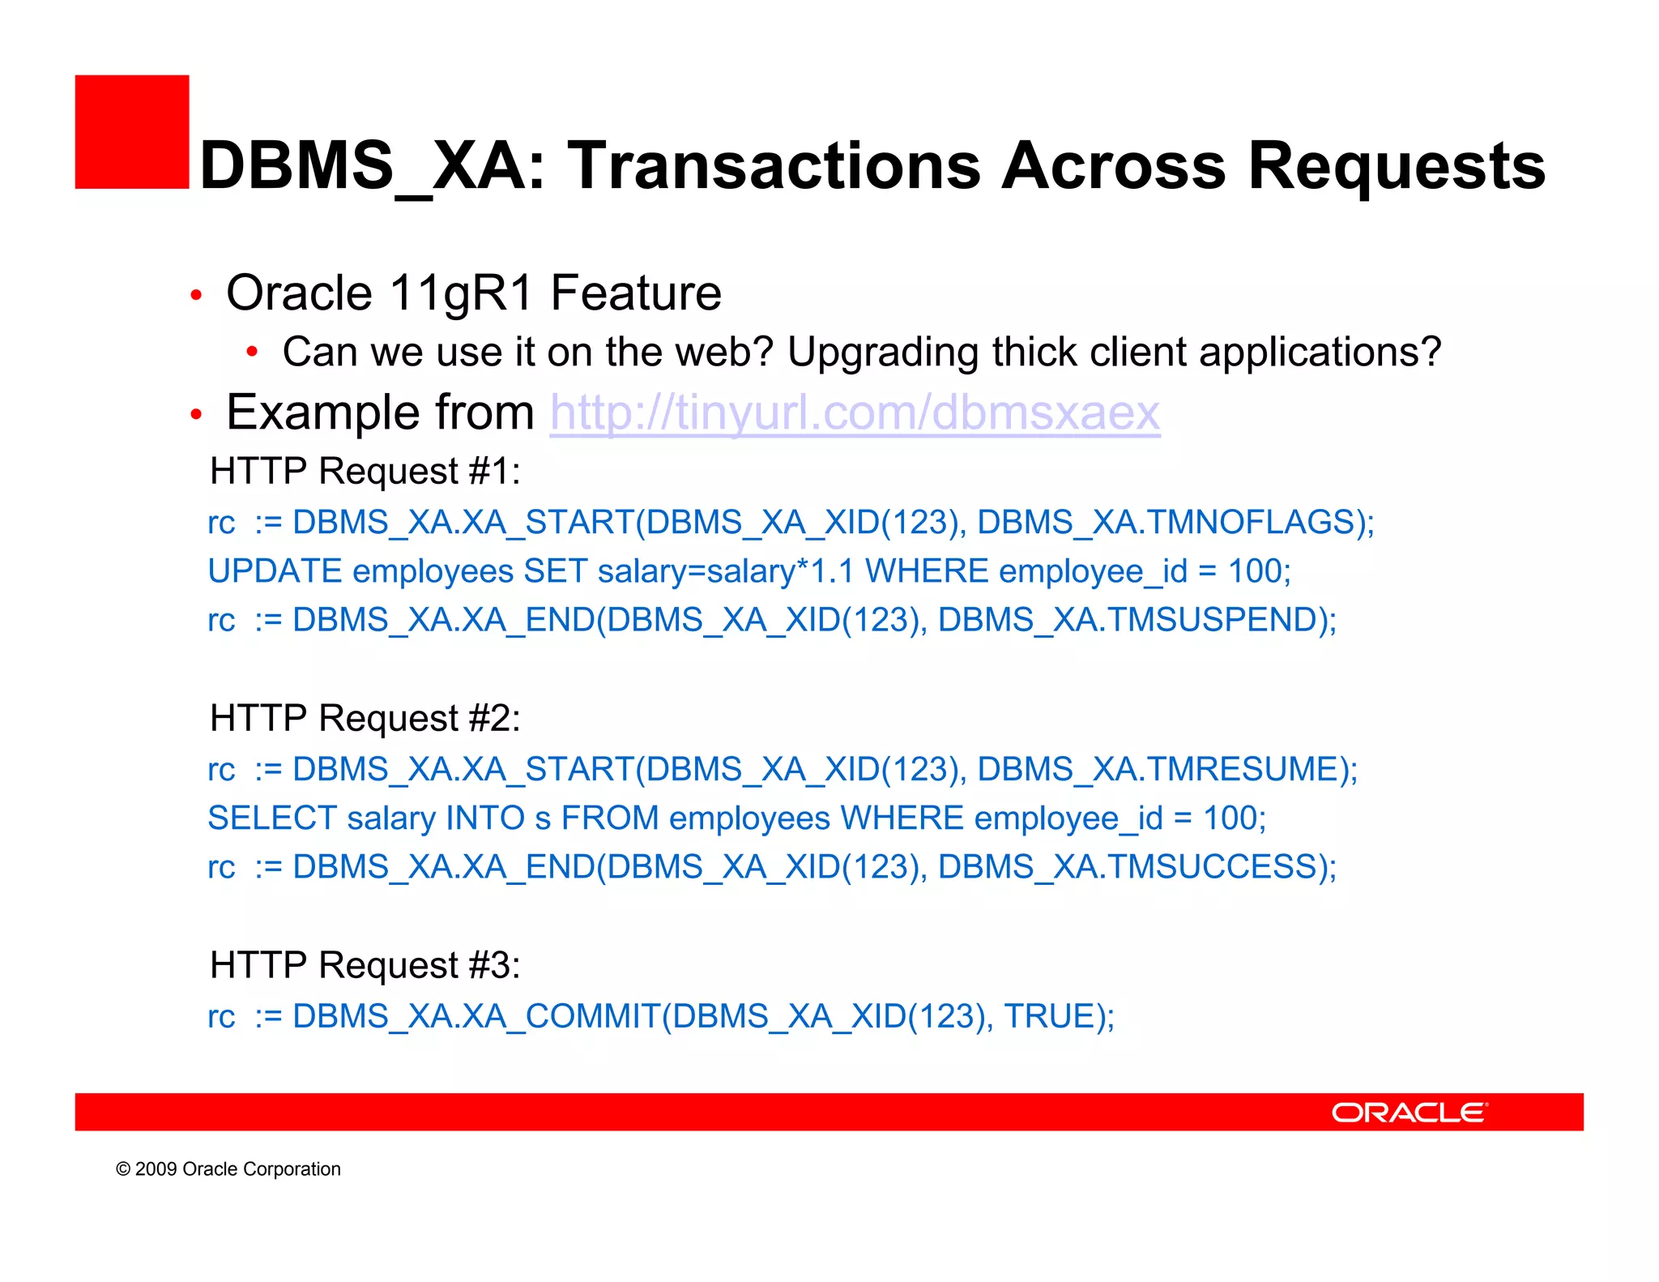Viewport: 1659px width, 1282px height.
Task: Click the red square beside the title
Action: [x=131, y=132]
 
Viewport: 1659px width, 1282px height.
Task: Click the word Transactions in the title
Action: [x=774, y=166]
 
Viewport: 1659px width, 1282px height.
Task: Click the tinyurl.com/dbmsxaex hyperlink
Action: [x=855, y=413]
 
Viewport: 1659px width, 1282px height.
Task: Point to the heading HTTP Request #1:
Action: [x=365, y=472]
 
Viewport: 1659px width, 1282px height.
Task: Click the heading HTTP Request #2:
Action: [x=365, y=719]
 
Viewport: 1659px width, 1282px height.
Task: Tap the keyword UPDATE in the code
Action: [x=275, y=572]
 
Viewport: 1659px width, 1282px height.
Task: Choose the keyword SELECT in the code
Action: [x=272, y=818]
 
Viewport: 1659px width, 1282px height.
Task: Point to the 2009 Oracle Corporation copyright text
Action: [x=228, y=1169]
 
